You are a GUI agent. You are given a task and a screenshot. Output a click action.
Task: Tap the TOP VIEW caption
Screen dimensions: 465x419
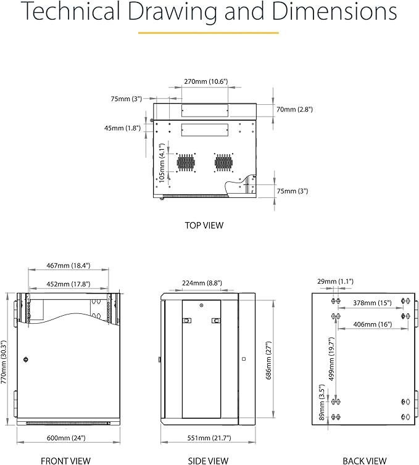(204, 225)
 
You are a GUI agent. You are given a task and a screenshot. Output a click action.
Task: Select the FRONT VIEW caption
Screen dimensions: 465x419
(65, 460)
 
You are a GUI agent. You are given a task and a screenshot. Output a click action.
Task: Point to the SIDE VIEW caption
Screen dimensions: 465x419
(208, 460)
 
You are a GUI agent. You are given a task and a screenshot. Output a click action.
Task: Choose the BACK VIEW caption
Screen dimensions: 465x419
(365, 460)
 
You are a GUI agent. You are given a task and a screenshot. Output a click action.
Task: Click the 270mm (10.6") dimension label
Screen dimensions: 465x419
(205, 81)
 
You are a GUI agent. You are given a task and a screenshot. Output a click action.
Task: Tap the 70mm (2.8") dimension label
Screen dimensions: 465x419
(294, 109)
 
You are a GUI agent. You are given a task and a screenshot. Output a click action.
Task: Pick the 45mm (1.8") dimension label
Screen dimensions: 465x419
(122, 128)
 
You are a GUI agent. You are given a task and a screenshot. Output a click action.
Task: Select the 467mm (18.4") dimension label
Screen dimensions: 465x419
(68, 265)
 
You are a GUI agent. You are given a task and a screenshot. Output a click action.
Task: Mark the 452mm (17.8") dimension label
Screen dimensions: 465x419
(68, 284)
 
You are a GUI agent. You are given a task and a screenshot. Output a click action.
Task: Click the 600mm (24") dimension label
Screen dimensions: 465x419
(66, 437)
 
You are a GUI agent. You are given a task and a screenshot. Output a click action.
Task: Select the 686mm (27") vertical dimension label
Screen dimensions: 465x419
(268, 362)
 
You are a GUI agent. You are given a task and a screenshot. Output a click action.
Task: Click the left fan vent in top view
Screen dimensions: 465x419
(185, 162)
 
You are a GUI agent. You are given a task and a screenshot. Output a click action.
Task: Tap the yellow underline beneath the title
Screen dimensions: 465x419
(208, 33)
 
